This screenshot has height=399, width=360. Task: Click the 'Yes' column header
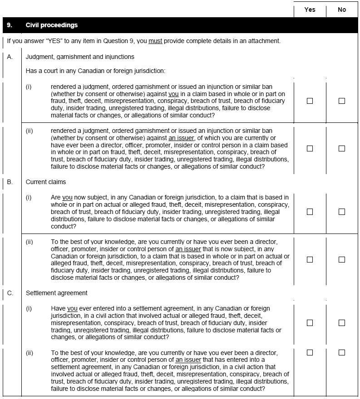pyautogui.click(x=310, y=10)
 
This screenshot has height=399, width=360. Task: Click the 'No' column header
pyautogui.click(x=342, y=10)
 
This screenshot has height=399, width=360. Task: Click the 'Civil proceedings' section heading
pyautogui.click(x=52, y=25)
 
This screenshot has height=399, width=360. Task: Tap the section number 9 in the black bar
pyautogui.click(x=10, y=25)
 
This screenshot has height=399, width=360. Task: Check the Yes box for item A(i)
pyautogui.click(x=310, y=101)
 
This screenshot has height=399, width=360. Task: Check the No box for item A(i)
pyautogui.click(x=342, y=101)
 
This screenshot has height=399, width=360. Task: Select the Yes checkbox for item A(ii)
pyautogui.click(x=310, y=148)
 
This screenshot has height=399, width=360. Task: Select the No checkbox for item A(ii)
pyautogui.click(x=342, y=148)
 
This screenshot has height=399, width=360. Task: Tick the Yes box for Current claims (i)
pyautogui.click(x=310, y=212)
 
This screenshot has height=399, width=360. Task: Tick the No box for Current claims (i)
pyautogui.click(x=342, y=212)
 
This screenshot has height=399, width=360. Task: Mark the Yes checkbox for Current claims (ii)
pyautogui.click(x=310, y=259)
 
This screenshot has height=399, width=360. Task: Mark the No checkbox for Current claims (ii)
pyautogui.click(x=342, y=259)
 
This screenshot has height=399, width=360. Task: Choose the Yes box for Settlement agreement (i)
pyautogui.click(x=310, y=323)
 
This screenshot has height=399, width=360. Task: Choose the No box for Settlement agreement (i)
pyautogui.click(x=342, y=323)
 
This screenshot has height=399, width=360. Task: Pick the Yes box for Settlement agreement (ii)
pyautogui.click(x=310, y=352)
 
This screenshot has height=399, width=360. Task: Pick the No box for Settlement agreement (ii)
pyautogui.click(x=342, y=352)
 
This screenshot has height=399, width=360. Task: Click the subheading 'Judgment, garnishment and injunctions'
pyautogui.click(x=80, y=57)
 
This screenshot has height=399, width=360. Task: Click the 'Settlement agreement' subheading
pyautogui.click(x=57, y=293)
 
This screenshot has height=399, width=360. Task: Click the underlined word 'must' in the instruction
pyautogui.click(x=155, y=41)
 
